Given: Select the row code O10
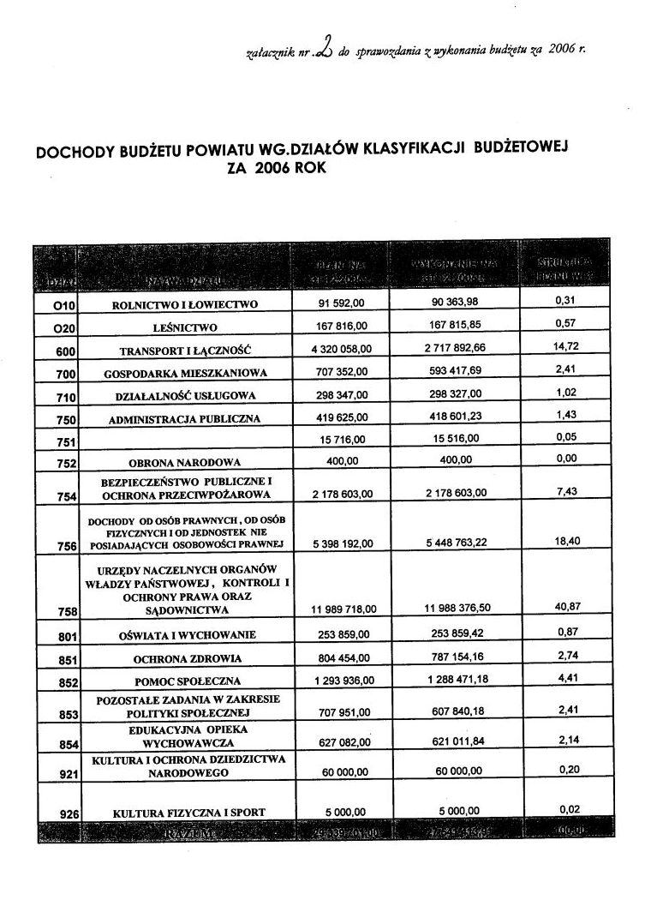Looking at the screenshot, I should [x=54, y=305].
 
